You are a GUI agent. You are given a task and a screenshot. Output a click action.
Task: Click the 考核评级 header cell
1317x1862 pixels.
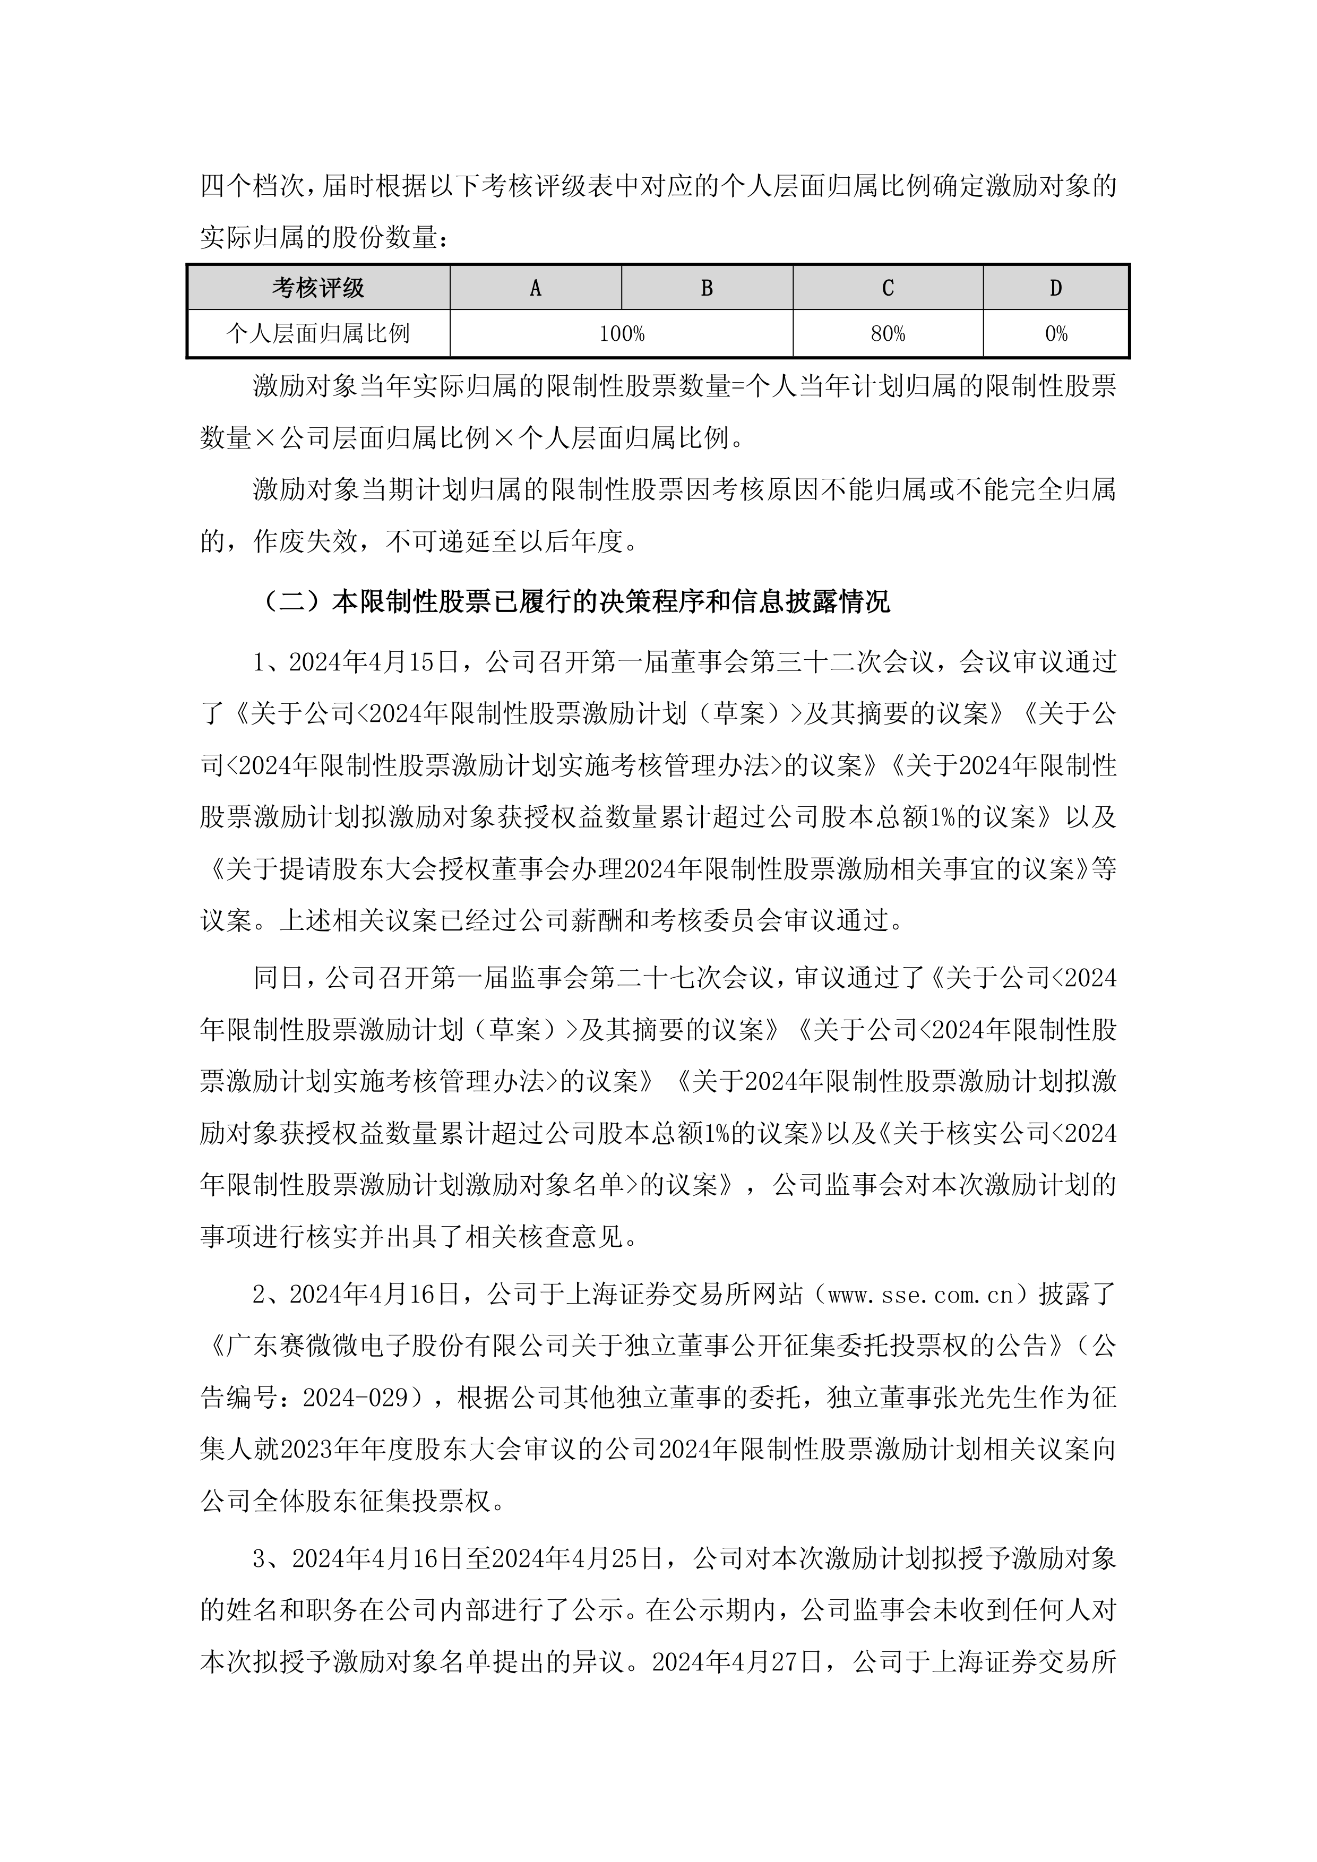point(318,288)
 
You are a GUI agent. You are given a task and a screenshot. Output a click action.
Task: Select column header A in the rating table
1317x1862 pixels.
point(535,288)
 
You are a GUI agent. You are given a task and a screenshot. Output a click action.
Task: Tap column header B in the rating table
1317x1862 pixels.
point(707,288)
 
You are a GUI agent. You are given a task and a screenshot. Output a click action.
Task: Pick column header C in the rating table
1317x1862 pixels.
point(888,288)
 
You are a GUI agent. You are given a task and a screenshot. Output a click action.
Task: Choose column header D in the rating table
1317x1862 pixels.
point(1056,288)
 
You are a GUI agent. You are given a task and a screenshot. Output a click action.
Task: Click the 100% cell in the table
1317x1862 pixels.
point(621,333)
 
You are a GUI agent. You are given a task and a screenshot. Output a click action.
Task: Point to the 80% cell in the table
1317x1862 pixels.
point(888,333)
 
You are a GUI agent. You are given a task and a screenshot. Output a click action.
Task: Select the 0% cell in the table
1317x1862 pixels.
point(1056,333)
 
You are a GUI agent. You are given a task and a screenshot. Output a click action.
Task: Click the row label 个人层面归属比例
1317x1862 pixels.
point(318,333)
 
